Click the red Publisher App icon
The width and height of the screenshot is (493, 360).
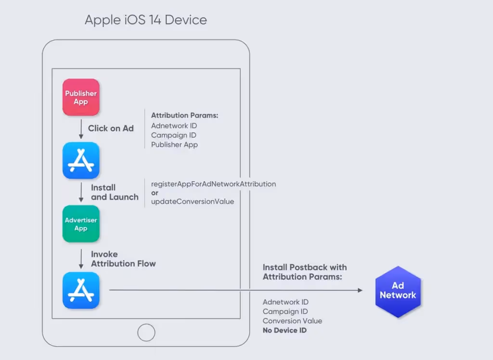click(81, 97)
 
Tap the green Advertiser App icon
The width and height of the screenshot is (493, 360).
click(81, 224)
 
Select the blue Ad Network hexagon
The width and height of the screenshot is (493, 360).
click(398, 291)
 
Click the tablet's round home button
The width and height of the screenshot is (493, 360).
click(146, 333)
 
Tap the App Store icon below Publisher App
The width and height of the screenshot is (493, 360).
click(81, 160)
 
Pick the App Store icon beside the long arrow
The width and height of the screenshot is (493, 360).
click(81, 290)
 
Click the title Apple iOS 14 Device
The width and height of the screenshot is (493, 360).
click(146, 20)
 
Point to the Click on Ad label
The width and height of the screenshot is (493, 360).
click(111, 128)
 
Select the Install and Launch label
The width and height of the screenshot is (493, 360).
click(115, 192)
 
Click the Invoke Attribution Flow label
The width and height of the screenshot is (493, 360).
click(123, 259)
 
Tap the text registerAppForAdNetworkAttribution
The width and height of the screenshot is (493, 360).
click(213, 184)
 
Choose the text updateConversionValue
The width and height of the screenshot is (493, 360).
click(193, 201)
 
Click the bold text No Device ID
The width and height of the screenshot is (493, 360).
click(285, 330)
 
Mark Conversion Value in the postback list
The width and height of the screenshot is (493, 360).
click(292, 321)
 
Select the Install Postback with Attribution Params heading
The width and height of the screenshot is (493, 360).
click(305, 272)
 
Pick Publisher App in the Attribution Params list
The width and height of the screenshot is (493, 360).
click(174, 145)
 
